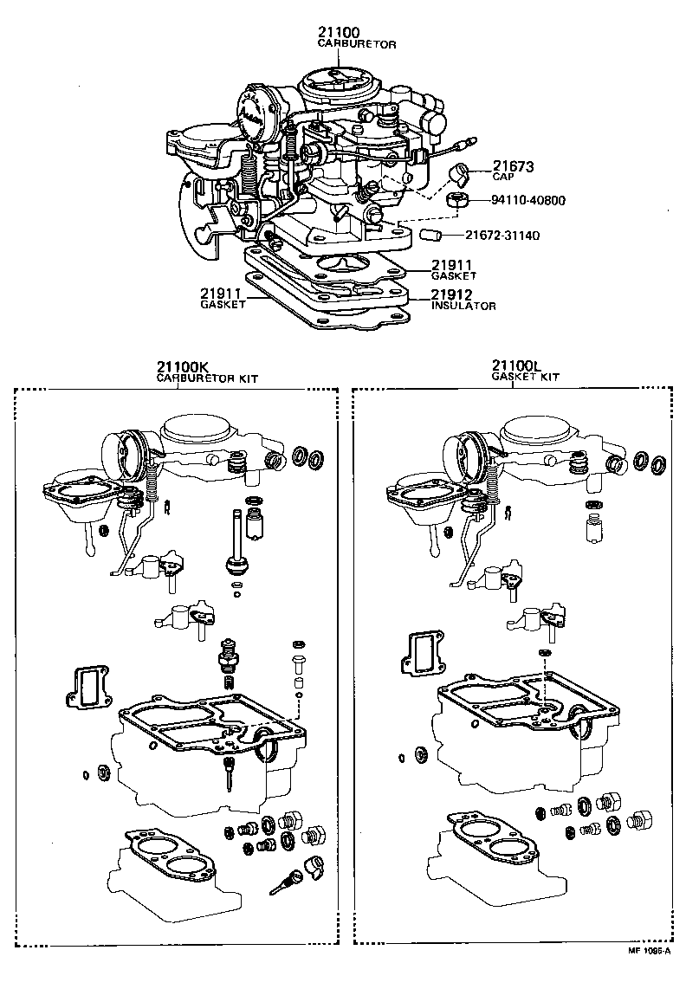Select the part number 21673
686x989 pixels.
(513, 165)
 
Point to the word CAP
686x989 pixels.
(503, 177)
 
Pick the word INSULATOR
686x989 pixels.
(463, 306)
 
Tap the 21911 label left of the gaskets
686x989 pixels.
(221, 294)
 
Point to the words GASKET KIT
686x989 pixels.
(526, 378)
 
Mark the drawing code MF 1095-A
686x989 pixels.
(650, 974)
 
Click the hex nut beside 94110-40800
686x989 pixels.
(457, 202)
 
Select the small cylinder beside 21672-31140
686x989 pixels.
(430, 235)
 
